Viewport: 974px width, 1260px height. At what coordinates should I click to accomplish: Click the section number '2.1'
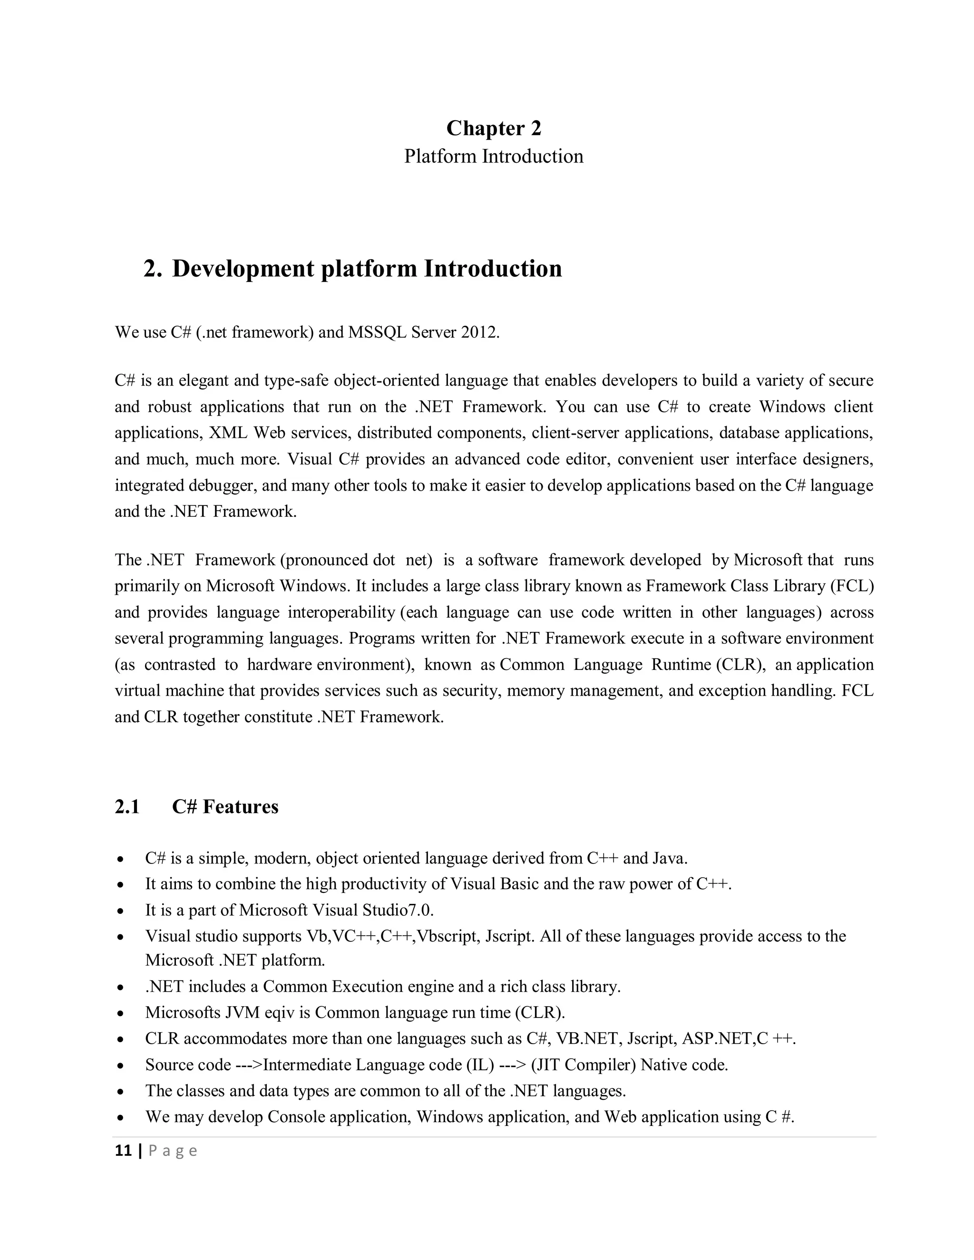point(127,806)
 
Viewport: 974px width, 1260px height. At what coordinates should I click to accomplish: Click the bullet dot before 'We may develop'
point(120,1117)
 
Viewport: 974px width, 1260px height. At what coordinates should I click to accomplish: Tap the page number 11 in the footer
point(123,1151)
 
